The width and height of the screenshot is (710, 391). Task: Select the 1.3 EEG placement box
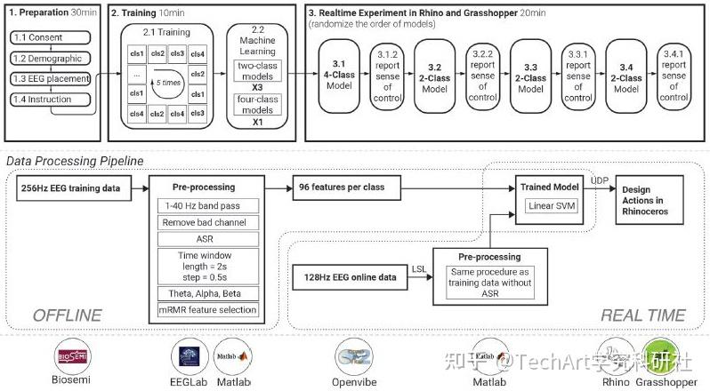51,80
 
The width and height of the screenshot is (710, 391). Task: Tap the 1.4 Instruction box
51,100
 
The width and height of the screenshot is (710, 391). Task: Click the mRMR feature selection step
205,310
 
